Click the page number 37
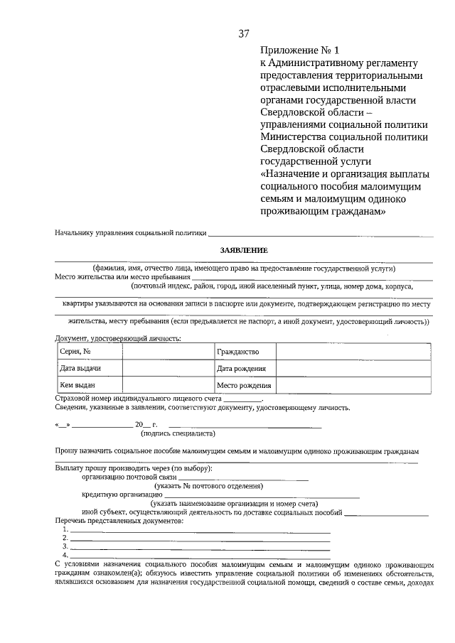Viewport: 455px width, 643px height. click(244, 33)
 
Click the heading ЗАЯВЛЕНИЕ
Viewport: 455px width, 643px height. click(244, 250)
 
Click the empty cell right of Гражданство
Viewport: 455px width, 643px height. click(353, 352)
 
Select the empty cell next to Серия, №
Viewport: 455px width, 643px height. click(167, 352)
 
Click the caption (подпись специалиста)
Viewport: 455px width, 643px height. click(178, 433)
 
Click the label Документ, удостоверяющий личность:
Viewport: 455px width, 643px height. click(117, 337)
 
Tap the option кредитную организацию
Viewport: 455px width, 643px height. click(122, 495)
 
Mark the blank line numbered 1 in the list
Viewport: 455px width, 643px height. click(200, 530)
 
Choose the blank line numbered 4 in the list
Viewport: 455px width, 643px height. click(200, 554)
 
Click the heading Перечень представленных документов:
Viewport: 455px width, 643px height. click(119, 522)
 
